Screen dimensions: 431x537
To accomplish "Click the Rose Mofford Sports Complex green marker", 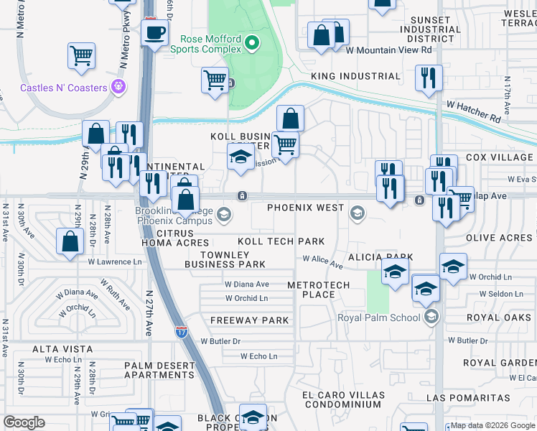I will tap(251, 45).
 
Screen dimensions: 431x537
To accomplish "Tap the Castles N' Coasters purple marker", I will tap(119, 88).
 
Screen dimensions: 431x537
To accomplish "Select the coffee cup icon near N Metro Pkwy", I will tap(155, 33).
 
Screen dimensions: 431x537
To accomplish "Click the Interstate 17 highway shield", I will tap(182, 331).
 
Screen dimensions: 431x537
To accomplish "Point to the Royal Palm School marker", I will tap(431, 317).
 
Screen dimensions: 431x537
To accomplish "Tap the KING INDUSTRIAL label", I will tap(355, 76).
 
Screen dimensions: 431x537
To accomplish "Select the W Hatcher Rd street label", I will tap(473, 111).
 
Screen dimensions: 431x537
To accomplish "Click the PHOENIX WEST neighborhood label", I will tap(306, 208).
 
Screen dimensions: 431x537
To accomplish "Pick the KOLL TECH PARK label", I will tap(281, 242).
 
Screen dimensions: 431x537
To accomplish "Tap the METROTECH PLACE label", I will tap(318, 289).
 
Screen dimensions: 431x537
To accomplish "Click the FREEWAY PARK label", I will tap(250, 320).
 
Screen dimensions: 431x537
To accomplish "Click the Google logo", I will tap(24, 422).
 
